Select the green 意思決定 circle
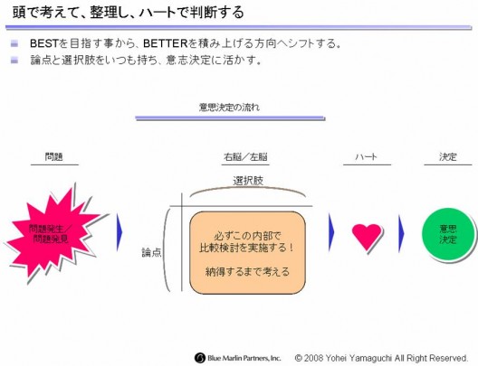448,234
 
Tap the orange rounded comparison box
247,252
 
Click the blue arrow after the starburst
119,232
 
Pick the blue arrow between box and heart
331,232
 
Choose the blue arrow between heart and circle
401,233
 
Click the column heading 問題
54,157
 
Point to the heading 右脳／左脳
245,157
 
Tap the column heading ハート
367,157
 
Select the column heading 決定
448,157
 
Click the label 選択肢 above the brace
248,181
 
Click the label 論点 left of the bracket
151,252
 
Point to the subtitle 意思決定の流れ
229,108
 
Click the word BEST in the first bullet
43,43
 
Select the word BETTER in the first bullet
166,43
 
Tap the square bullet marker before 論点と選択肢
14,60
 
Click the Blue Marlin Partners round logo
200,358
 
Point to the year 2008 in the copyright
313,358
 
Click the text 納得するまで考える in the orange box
247,271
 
